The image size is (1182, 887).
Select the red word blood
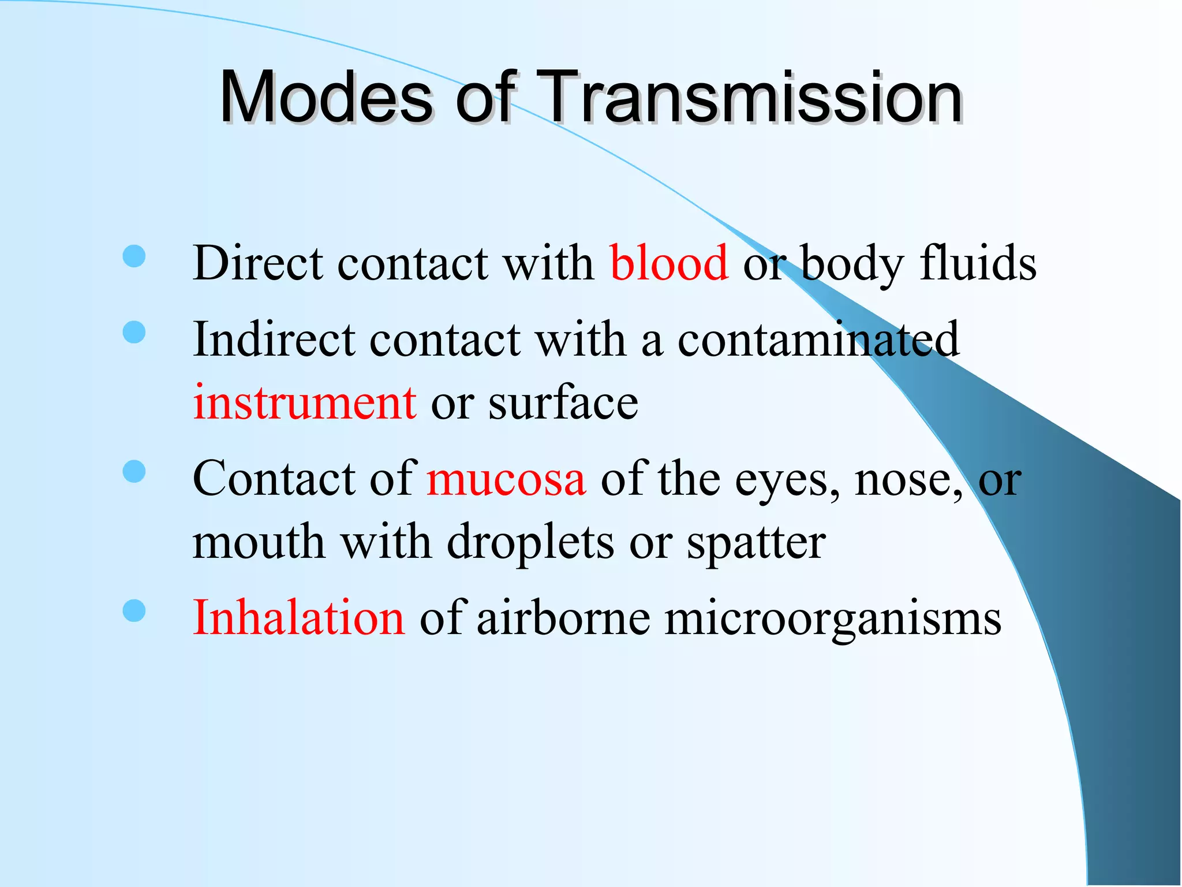(x=669, y=263)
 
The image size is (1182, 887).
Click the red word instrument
(x=305, y=402)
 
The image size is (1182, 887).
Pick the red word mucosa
(x=506, y=479)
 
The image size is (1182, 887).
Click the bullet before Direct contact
(x=134, y=256)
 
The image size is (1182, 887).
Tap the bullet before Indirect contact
(x=134, y=333)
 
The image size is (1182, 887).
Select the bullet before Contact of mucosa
(x=134, y=471)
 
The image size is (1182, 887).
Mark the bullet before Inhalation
(x=134, y=611)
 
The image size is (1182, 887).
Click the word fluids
(x=978, y=263)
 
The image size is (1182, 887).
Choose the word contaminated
(x=818, y=340)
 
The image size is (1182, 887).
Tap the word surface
(x=563, y=402)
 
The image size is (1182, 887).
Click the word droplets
(x=530, y=543)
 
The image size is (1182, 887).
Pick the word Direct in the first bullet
(x=257, y=263)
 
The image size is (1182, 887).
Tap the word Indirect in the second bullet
(x=274, y=340)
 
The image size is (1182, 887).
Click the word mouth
(x=259, y=543)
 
